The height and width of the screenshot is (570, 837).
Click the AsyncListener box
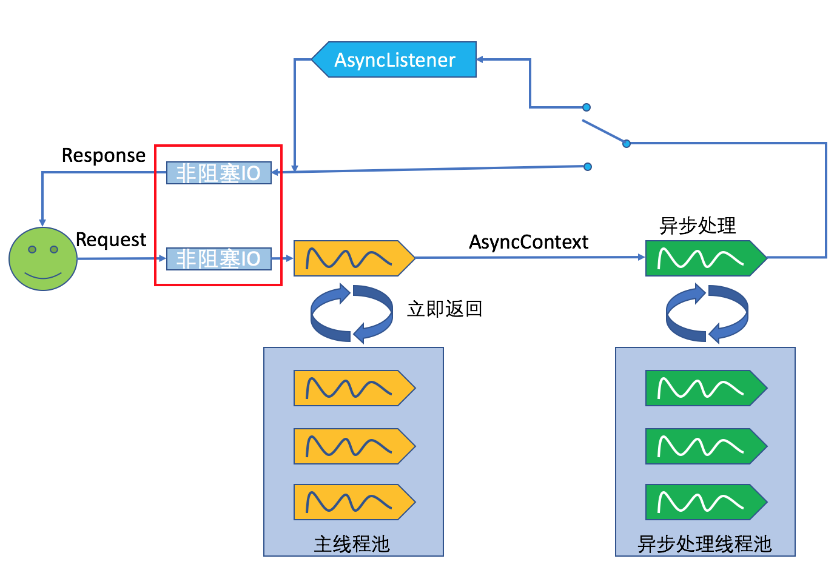point(394,59)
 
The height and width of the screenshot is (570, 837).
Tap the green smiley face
point(43,259)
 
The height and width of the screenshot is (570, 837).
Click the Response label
point(104,155)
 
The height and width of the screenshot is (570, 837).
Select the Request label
point(111,240)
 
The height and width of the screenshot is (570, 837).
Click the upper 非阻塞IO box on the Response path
point(218,173)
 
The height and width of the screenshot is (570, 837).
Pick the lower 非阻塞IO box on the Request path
point(218,258)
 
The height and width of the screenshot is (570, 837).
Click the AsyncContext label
point(528,242)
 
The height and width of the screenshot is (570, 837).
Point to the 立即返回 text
point(445,309)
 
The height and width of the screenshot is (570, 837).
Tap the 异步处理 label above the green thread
point(698,226)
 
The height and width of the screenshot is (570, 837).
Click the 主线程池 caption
point(352,543)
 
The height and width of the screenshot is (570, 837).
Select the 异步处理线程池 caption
point(705,543)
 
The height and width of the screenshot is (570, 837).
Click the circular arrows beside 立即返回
point(352,313)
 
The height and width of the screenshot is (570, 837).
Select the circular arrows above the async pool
point(707,313)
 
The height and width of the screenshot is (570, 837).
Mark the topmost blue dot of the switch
point(587,107)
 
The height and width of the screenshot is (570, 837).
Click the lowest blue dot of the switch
point(588,167)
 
